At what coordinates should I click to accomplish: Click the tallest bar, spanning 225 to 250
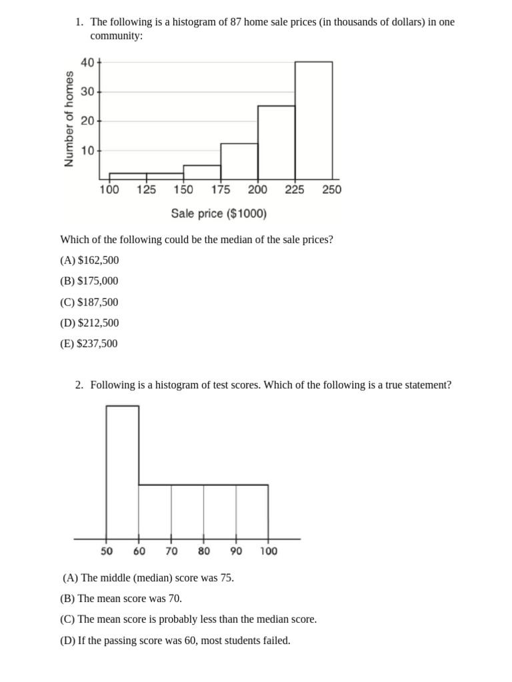pos(313,120)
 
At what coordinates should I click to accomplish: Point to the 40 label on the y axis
pos(87,63)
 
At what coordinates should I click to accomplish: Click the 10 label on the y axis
pos(87,151)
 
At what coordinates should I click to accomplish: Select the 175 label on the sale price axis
pos(221,190)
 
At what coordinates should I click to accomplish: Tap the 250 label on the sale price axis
pos(331,190)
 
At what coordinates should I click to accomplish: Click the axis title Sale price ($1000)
pos(219,214)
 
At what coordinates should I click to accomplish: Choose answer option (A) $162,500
pos(89,260)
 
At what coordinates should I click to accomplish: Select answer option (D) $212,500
pos(89,323)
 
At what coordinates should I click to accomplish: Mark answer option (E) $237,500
pos(89,344)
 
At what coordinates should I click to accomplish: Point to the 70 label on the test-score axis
pos(171,551)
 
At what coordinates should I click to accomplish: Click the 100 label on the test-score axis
pos(269,551)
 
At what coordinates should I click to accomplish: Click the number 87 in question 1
pos(236,22)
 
